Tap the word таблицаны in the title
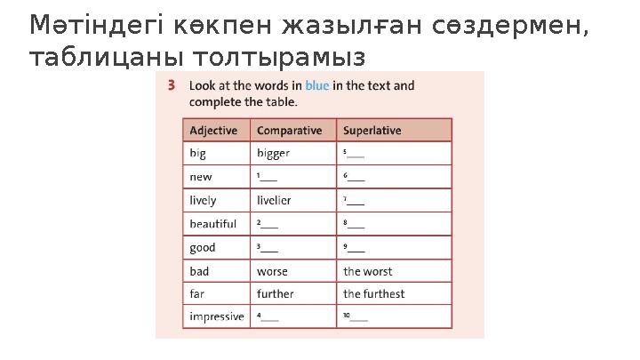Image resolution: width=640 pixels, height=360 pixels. coord(93,59)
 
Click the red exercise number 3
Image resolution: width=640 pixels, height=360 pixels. coord(172,86)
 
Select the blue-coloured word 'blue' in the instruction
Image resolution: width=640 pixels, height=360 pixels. coord(316,86)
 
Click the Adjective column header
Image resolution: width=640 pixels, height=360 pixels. coord(213,131)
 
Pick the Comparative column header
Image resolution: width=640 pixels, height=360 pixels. coord(289,131)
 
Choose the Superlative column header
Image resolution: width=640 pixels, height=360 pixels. coord(372,131)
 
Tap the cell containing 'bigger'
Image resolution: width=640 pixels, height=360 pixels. coord(273,154)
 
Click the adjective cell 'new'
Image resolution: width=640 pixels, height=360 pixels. coord(201,177)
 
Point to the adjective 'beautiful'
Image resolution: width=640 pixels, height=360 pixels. coord(212,224)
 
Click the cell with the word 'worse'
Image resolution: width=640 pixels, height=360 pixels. coord(272,271)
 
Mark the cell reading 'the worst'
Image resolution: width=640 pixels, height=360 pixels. coord(367,271)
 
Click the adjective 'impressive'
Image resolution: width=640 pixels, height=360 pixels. coord(216,317)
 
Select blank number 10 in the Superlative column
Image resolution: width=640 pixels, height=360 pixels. coord(356,317)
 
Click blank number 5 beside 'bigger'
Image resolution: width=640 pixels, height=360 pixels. coord(354,154)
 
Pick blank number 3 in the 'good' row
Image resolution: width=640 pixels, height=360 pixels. coord(268,248)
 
